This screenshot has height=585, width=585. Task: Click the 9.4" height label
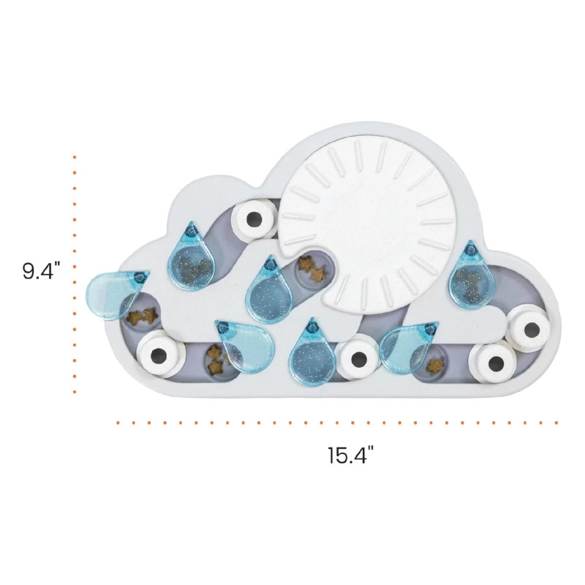click(42, 271)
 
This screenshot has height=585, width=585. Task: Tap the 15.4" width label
click(351, 455)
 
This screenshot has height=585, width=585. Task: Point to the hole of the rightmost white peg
click(532, 330)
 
